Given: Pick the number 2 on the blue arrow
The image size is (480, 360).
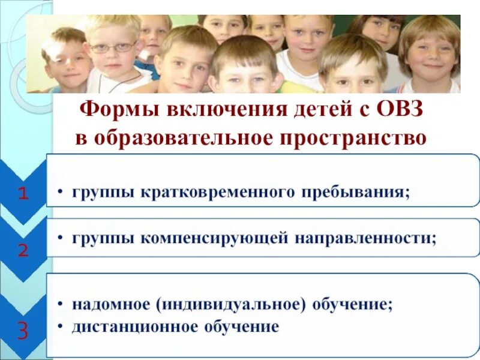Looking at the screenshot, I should coord(23,250).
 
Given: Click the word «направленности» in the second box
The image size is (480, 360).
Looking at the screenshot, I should coord(364,238).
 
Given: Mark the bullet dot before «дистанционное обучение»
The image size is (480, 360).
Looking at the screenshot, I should coord(62,328).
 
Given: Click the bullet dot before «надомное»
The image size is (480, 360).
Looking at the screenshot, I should coord(62,305).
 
